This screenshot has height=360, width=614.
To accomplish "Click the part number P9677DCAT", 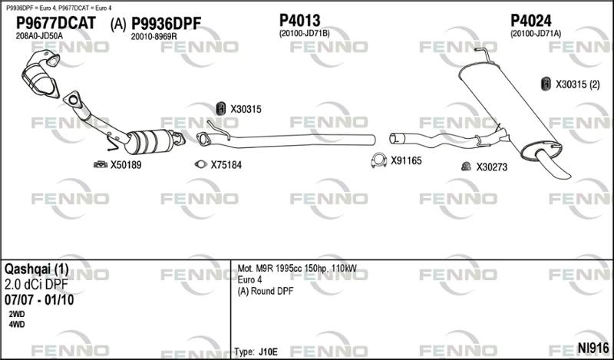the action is point(55,23).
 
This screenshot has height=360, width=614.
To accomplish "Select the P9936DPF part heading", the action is point(166,24).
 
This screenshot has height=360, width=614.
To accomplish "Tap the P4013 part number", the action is point(299,21).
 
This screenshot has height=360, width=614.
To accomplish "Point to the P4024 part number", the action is point(531,21).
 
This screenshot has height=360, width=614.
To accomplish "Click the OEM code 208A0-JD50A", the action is point(39,36).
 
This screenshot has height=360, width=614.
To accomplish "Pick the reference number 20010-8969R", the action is point(154,36).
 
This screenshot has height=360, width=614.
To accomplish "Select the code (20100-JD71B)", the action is point(304,34).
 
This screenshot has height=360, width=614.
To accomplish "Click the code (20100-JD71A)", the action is point(536,34).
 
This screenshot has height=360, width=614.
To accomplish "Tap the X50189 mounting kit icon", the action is point(101,164).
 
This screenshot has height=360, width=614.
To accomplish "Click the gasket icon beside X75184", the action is point(201,164).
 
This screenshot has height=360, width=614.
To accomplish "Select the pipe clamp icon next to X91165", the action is point(378,160).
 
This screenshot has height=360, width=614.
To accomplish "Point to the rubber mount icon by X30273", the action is point(466,167).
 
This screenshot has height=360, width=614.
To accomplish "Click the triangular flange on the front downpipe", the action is point(73,100).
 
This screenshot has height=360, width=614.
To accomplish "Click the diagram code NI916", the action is point(593,348).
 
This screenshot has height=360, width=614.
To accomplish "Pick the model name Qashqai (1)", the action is point(36,269).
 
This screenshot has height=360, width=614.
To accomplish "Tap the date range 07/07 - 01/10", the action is point(39,300).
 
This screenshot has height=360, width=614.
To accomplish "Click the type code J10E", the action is point(268,352).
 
